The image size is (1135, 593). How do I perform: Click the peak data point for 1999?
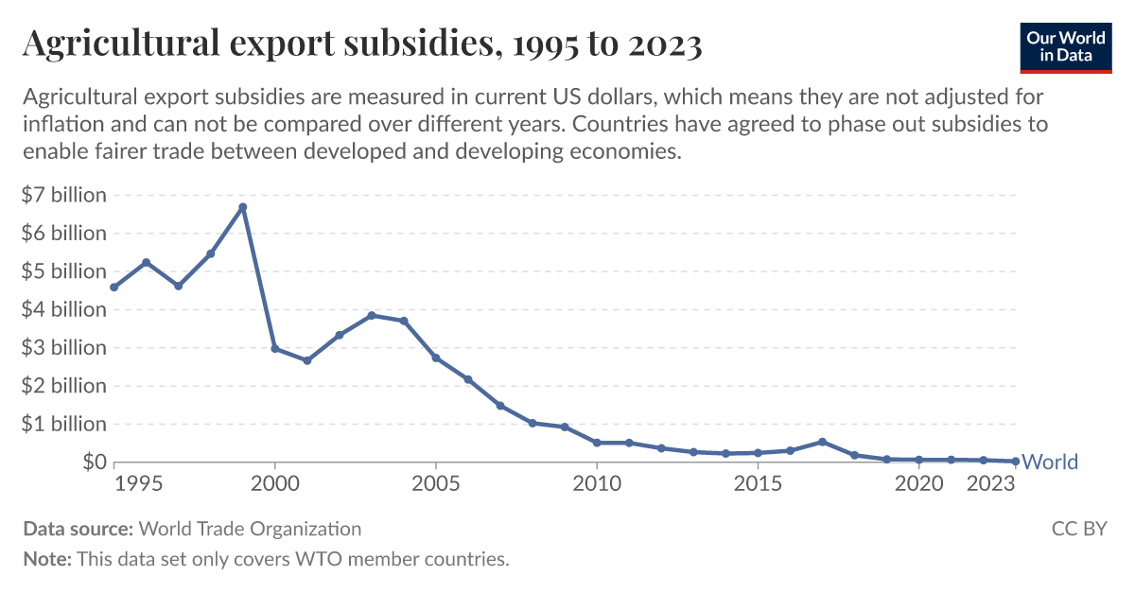point(243,207)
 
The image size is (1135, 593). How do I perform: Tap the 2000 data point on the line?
point(275,348)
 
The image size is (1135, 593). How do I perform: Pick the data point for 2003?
point(372,315)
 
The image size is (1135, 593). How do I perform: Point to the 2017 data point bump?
point(822,442)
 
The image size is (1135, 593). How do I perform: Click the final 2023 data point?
point(1015,462)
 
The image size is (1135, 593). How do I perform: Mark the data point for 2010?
point(597,443)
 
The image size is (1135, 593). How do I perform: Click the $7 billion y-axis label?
point(63,195)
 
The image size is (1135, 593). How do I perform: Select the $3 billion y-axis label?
point(63,347)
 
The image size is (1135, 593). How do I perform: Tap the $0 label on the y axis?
point(93,462)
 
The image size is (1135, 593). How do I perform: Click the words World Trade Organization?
point(250,529)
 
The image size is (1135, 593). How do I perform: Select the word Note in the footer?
point(45,559)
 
